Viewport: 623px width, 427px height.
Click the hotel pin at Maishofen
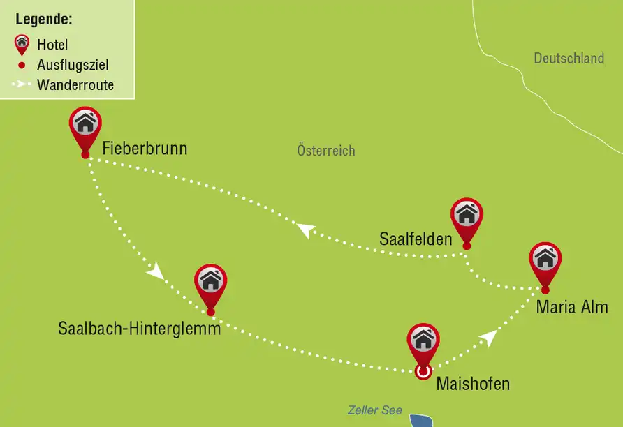[423, 342]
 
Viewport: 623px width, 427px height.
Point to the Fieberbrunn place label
[145, 149]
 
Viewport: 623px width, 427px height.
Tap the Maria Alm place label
[572, 307]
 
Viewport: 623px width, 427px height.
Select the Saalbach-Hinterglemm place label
[140, 328]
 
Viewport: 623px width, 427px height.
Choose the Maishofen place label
[473, 383]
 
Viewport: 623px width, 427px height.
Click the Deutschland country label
[569, 59]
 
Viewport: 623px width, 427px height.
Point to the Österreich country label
[326, 151]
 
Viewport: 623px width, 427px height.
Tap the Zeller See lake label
[375, 410]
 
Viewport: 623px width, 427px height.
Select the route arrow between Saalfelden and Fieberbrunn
[305, 230]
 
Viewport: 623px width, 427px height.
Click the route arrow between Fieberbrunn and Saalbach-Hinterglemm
[156, 271]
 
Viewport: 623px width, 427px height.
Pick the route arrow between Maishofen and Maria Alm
[488, 338]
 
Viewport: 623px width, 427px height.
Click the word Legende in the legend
[44, 19]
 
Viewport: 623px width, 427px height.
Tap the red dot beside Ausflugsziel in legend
[22, 66]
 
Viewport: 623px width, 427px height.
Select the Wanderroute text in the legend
[75, 86]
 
